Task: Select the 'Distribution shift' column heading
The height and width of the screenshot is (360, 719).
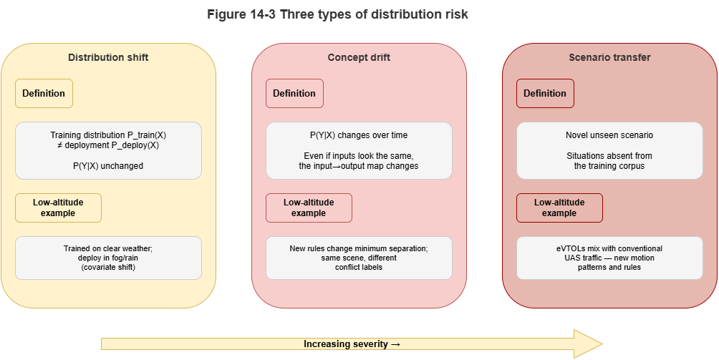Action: pos(108,57)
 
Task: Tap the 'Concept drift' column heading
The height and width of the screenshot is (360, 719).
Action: pos(359,57)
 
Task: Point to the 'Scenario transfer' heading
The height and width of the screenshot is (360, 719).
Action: pos(609,57)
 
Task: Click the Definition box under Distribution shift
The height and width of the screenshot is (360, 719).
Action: pos(44,93)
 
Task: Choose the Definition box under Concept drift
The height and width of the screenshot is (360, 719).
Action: pos(294,93)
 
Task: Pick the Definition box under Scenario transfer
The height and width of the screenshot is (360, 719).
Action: pos(545,93)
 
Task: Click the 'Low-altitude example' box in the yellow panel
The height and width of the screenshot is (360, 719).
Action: pos(58,208)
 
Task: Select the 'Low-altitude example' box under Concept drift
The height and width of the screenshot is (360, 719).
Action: pos(309,208)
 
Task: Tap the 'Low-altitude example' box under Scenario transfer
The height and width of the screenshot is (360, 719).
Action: pos(559,208)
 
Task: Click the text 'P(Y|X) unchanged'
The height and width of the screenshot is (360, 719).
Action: pos(108,166)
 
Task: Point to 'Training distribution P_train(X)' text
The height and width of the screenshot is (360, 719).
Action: pos(108,135)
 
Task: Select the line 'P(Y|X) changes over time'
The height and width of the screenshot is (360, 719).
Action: pos(359,135)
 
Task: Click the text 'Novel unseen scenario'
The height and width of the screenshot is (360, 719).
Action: pos(609,135)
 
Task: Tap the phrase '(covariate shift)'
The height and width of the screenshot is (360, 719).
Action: pos(108,268)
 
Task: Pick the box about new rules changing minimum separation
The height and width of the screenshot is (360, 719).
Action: pos(359,258)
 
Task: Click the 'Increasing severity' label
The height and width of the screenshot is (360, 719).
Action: pos(352,344)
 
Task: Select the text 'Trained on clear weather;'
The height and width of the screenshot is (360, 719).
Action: pos(108,248)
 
